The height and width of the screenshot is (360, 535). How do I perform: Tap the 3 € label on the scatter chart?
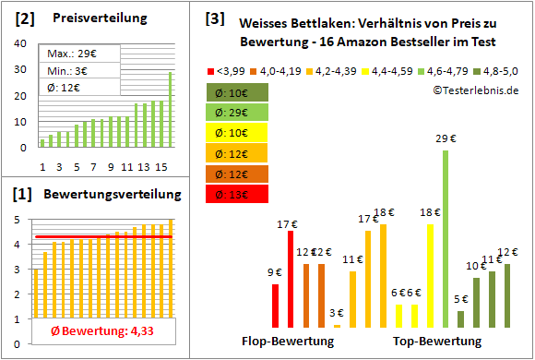click(x=337, y=314)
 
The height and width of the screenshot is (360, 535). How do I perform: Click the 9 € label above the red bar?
click(x=275, y=272)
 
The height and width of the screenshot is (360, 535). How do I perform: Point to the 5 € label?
click(x=460, y=299)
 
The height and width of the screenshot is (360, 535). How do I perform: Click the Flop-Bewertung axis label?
click(x=287, y=341)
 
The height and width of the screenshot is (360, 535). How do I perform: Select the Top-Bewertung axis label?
click(x=437, y=341)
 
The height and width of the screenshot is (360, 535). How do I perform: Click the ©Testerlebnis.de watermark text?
click(x=474, y=90)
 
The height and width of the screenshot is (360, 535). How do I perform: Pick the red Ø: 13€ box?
click(x=238, y=194)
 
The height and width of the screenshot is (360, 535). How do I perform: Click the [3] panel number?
click(x=215, y=18)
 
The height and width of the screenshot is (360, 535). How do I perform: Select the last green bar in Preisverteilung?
click(x=170, y=109)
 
